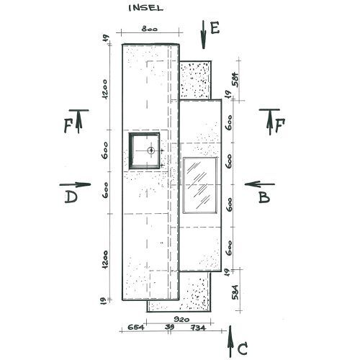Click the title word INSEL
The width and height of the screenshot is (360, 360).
[x=146, y=8]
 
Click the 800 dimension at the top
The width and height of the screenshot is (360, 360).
[x=150, y=29]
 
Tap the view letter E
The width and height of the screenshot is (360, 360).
[x=215, y=28]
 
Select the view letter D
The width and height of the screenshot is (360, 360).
[x=71, y=197]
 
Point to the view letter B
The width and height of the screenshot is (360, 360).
[x=264, y=197]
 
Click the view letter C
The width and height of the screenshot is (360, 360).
[x=243, y=349]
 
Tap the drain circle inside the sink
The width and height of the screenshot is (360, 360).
[x=151, y=150]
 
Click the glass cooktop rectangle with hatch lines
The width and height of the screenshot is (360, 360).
[x=200, y=185]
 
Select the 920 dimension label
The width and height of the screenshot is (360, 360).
[x=181, y=319]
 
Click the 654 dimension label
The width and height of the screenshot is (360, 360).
[x=136, y=327]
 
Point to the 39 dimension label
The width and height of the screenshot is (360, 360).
[x=170, y=327]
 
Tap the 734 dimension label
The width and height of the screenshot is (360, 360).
[x=198, y=328]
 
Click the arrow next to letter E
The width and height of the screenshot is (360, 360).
[x=204, y=35]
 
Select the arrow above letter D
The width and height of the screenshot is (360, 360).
[x=75, y=184]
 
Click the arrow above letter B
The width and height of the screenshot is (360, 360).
[x=260, y=184]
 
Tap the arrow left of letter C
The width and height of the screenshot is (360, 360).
[x=230, y=341]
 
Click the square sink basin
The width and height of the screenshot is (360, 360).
[x=144, y=150]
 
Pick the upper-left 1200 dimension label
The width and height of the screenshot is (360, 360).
[x=105, y=89]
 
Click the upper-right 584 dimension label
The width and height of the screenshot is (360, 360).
[x=235, y=80]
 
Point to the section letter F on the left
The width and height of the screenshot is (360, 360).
[x=68, y=126]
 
